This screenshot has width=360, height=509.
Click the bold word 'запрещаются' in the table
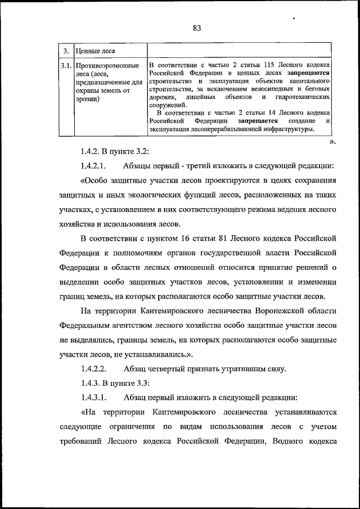307,73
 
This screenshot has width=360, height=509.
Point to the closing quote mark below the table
332,142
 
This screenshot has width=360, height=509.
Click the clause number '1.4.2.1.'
93,166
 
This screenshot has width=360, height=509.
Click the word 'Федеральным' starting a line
85,327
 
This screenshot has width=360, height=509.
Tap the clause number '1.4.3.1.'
93,398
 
